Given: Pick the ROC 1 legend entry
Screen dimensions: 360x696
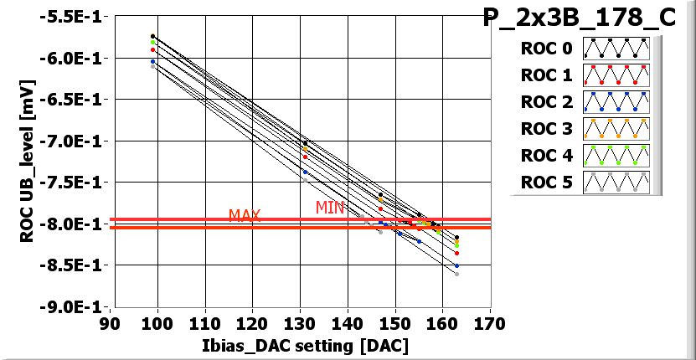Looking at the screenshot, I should point(584,75).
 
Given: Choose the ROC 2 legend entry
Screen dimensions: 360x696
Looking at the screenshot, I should point(584,102).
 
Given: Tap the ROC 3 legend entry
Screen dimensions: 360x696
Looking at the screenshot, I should point(584,129).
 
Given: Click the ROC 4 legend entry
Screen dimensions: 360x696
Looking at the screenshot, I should point(584,156).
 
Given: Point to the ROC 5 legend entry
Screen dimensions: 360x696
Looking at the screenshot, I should point(584,183).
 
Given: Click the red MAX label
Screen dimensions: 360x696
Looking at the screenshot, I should point(245,216).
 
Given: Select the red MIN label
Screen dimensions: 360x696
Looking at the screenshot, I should point(330,208).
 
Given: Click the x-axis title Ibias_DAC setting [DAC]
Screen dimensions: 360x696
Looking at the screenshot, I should point(300,347).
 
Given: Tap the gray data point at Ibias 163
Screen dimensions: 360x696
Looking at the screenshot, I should point(456,274).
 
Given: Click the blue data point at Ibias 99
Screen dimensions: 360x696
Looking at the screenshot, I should point(152,61).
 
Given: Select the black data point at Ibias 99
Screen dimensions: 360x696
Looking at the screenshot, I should point(152,36).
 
